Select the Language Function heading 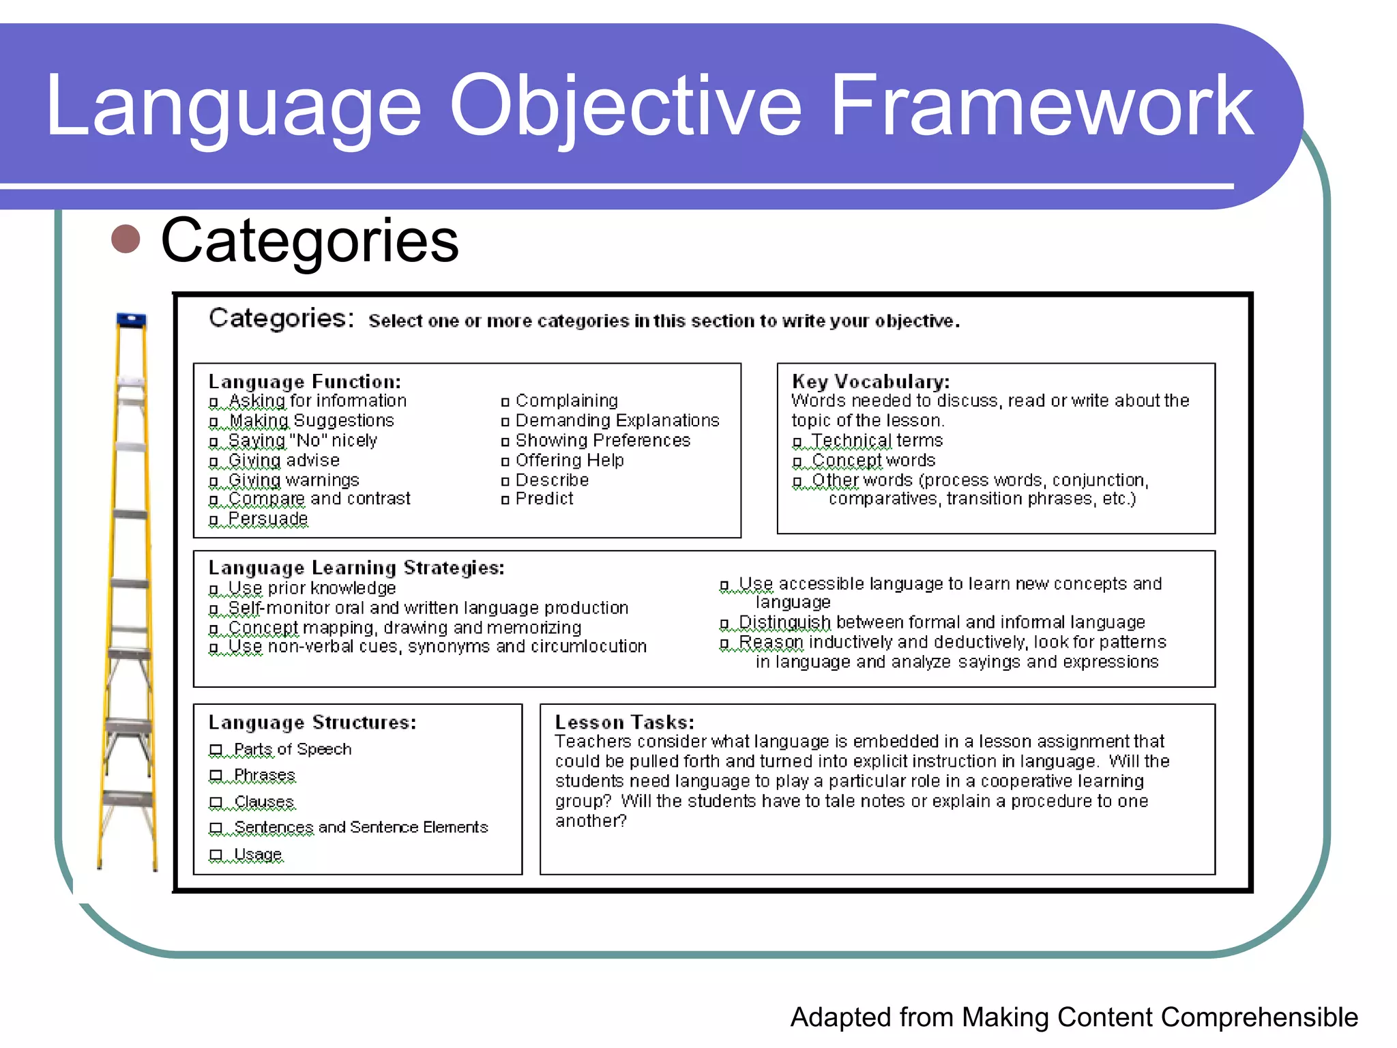tap(304, 381)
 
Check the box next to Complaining tap(505, 402)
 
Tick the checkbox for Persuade tap(214, 521)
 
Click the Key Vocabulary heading tap(870, 381)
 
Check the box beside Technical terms tap(797, 442)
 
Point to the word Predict tap(544, 499)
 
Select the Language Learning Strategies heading tap(356, 568)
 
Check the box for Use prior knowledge tap(214, 589)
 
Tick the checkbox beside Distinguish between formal tap(724, 624)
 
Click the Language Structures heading tap(312, 722)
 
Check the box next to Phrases tap(216, 776)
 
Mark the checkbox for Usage tap(216, 854)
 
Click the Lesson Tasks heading tap(624, 722)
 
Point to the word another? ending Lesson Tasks tap(591, 821)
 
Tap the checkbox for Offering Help tap(505, 462)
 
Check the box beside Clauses tap(216, 802)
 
